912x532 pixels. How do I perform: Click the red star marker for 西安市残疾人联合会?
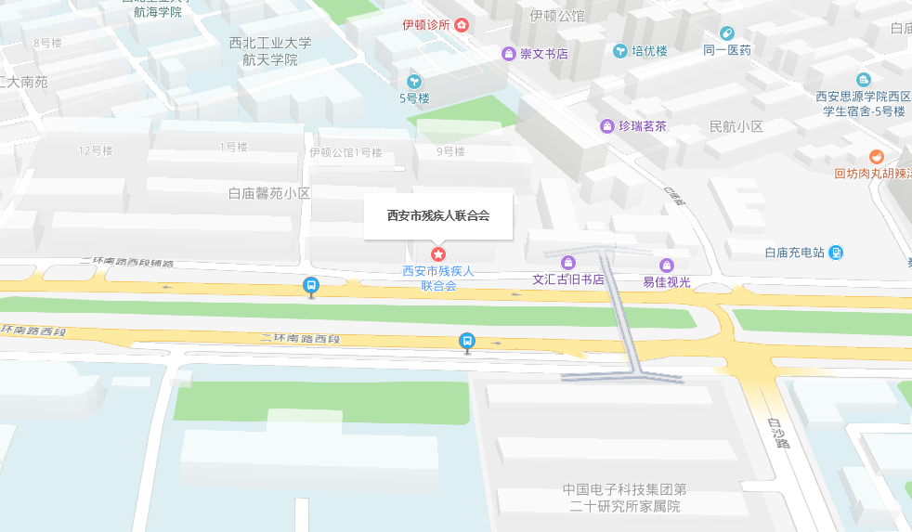point(438,253)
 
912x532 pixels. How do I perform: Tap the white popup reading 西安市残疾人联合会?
point(438,215)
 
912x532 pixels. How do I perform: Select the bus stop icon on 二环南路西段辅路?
point(311,287)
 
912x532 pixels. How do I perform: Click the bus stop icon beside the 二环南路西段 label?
point(467,342)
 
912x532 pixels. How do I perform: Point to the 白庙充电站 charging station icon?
point(836,252)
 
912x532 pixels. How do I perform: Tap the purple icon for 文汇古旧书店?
point(568,263)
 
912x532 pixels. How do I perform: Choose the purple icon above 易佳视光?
point(667,266)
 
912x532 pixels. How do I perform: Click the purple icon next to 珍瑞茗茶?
point(607,126)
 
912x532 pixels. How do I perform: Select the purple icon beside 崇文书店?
point(508,54)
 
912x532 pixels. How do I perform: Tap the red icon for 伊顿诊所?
point(462,25)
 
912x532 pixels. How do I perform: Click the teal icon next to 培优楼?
point(619,51)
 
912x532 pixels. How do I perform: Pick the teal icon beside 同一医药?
point(726,33)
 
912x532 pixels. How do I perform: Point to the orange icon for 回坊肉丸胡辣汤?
point(876,156)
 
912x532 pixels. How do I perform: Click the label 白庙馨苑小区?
point(268,193)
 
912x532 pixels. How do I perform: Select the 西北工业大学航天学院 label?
point(271,51)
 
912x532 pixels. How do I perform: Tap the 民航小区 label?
point(736,126)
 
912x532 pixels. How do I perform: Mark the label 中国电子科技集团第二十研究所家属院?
point(625,498)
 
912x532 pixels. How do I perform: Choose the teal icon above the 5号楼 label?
point(414,81)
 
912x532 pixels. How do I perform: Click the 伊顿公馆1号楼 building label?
point(345,152)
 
